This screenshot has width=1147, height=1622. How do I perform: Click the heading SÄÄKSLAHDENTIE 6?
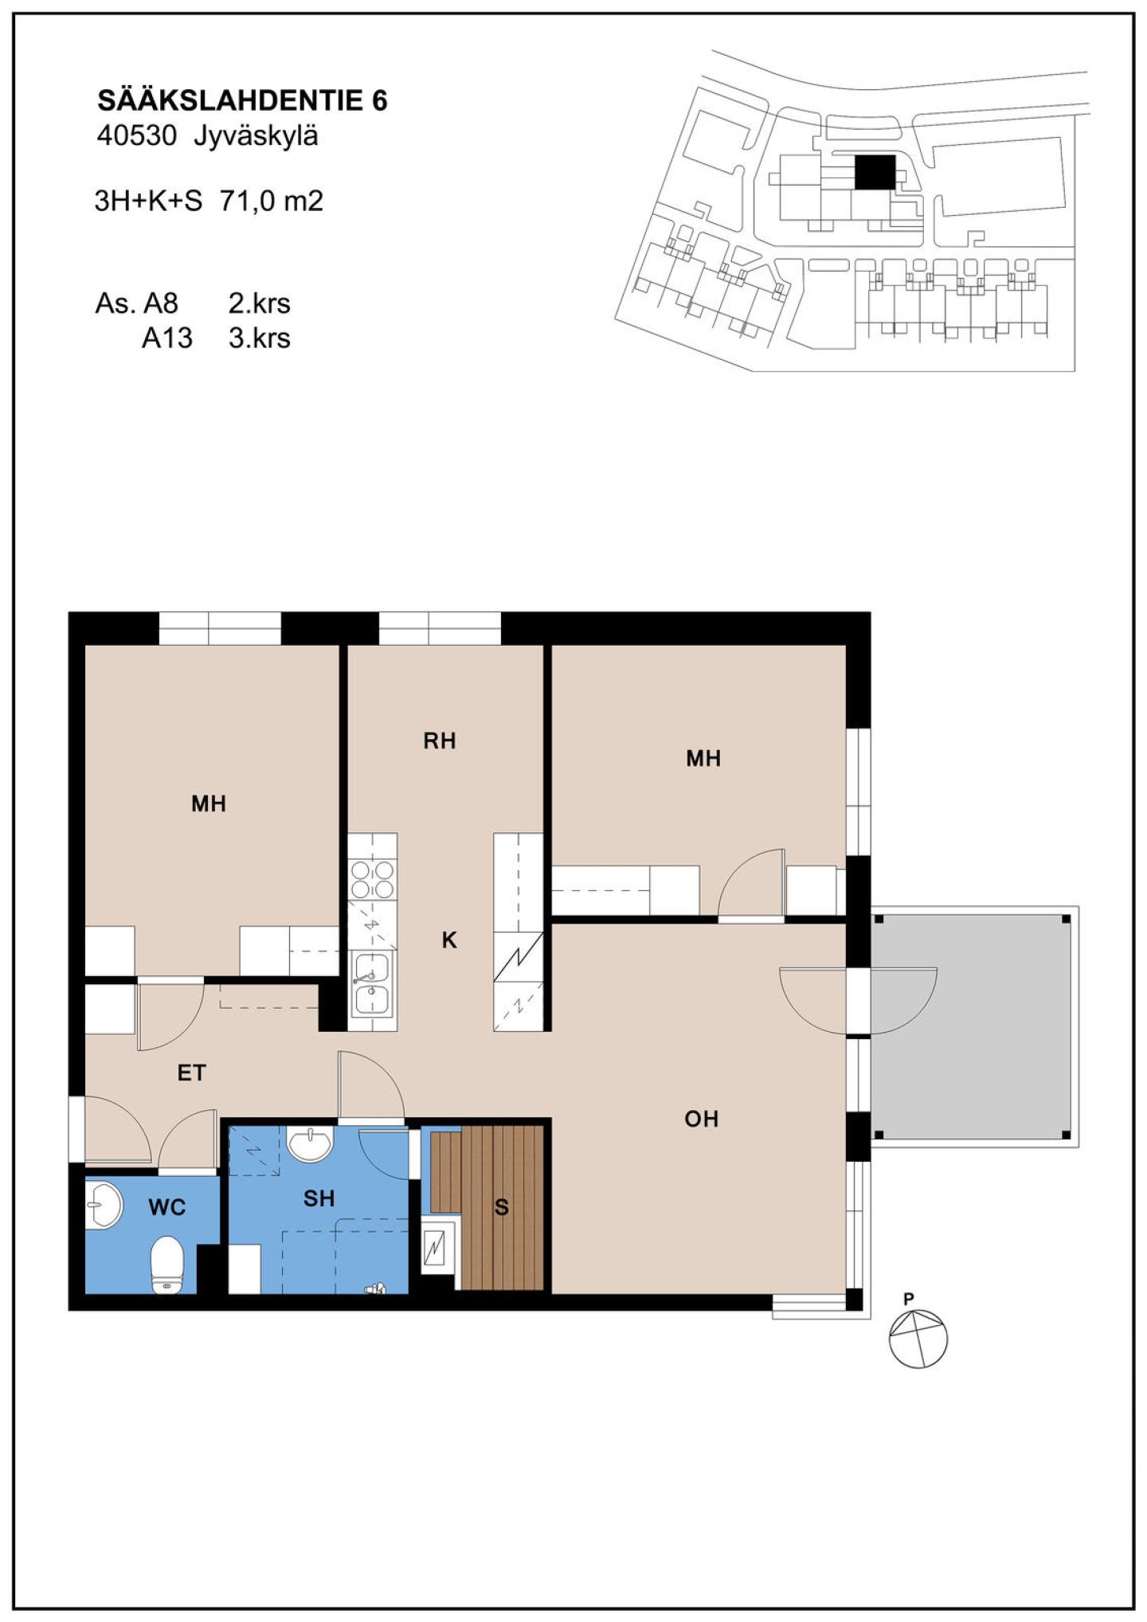pyautogui.click(x=242, y=100)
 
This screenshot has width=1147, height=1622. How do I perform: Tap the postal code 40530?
pyautogui.click(x=136, y=136)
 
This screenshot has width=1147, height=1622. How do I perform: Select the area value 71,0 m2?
pyautogui.click(x=272, y=201)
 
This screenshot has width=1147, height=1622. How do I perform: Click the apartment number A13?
pyautogui.click(x=167, y=338)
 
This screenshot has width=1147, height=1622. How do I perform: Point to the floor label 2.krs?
pyautogui.click(x=260, y=303)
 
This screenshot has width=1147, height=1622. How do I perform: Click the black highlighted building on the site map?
pyautogui.click(x=875, y=172)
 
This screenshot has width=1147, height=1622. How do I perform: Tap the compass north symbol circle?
pyautogui.click(x=918, y=1339)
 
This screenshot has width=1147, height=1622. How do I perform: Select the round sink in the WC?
pyautogui.click(x=104, y=1205)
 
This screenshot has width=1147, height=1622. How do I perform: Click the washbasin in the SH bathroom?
pyautogui.click(x=310, y=1144)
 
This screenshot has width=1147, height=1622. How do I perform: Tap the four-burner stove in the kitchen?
pyautogui.click(x=372, y=879)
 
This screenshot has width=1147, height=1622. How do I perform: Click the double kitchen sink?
pyautogui.click(x=372, y=984)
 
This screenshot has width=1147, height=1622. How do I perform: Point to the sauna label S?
pyautogui.click(x=501, y=1207)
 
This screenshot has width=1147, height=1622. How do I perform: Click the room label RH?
pyautogui.click(x=440, y=741)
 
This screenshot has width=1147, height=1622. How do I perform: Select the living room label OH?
pyautogui.click(x=702, y=1120)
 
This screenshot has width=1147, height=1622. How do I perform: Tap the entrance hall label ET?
pyautogui.click(x=191, y=1073)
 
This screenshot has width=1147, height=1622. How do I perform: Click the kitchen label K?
pyautogui.click(x=449, y=940)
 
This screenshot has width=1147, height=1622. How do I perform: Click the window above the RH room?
pyautogui.click(x=440, y=628)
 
